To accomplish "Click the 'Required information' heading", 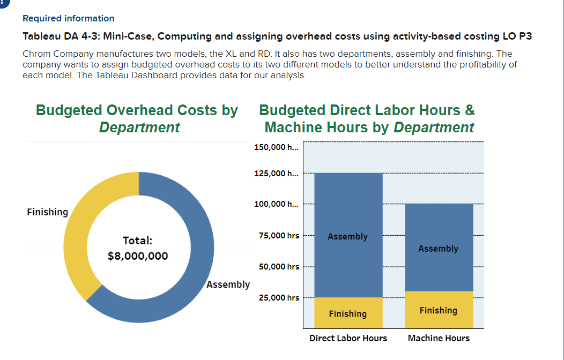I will point(68,19).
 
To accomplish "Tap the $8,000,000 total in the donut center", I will point(138,256).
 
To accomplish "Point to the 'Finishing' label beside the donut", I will point(47,212).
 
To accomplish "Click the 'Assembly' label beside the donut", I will point(228,284).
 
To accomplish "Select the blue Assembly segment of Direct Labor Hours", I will point(348,214).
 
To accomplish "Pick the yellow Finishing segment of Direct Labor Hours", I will point(348,313).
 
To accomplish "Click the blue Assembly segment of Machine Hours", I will point(439,230).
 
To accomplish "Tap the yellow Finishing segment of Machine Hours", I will point(439,310).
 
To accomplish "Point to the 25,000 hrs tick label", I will point(279,298).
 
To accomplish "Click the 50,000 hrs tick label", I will point(279,267).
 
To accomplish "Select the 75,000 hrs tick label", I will point(279,236).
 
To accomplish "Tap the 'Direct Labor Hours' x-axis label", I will point(348,338).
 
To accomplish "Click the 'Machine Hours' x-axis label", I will point(439,338).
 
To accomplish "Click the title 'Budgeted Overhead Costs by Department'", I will point(137,118).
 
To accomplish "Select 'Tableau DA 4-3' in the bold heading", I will point(52,36).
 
